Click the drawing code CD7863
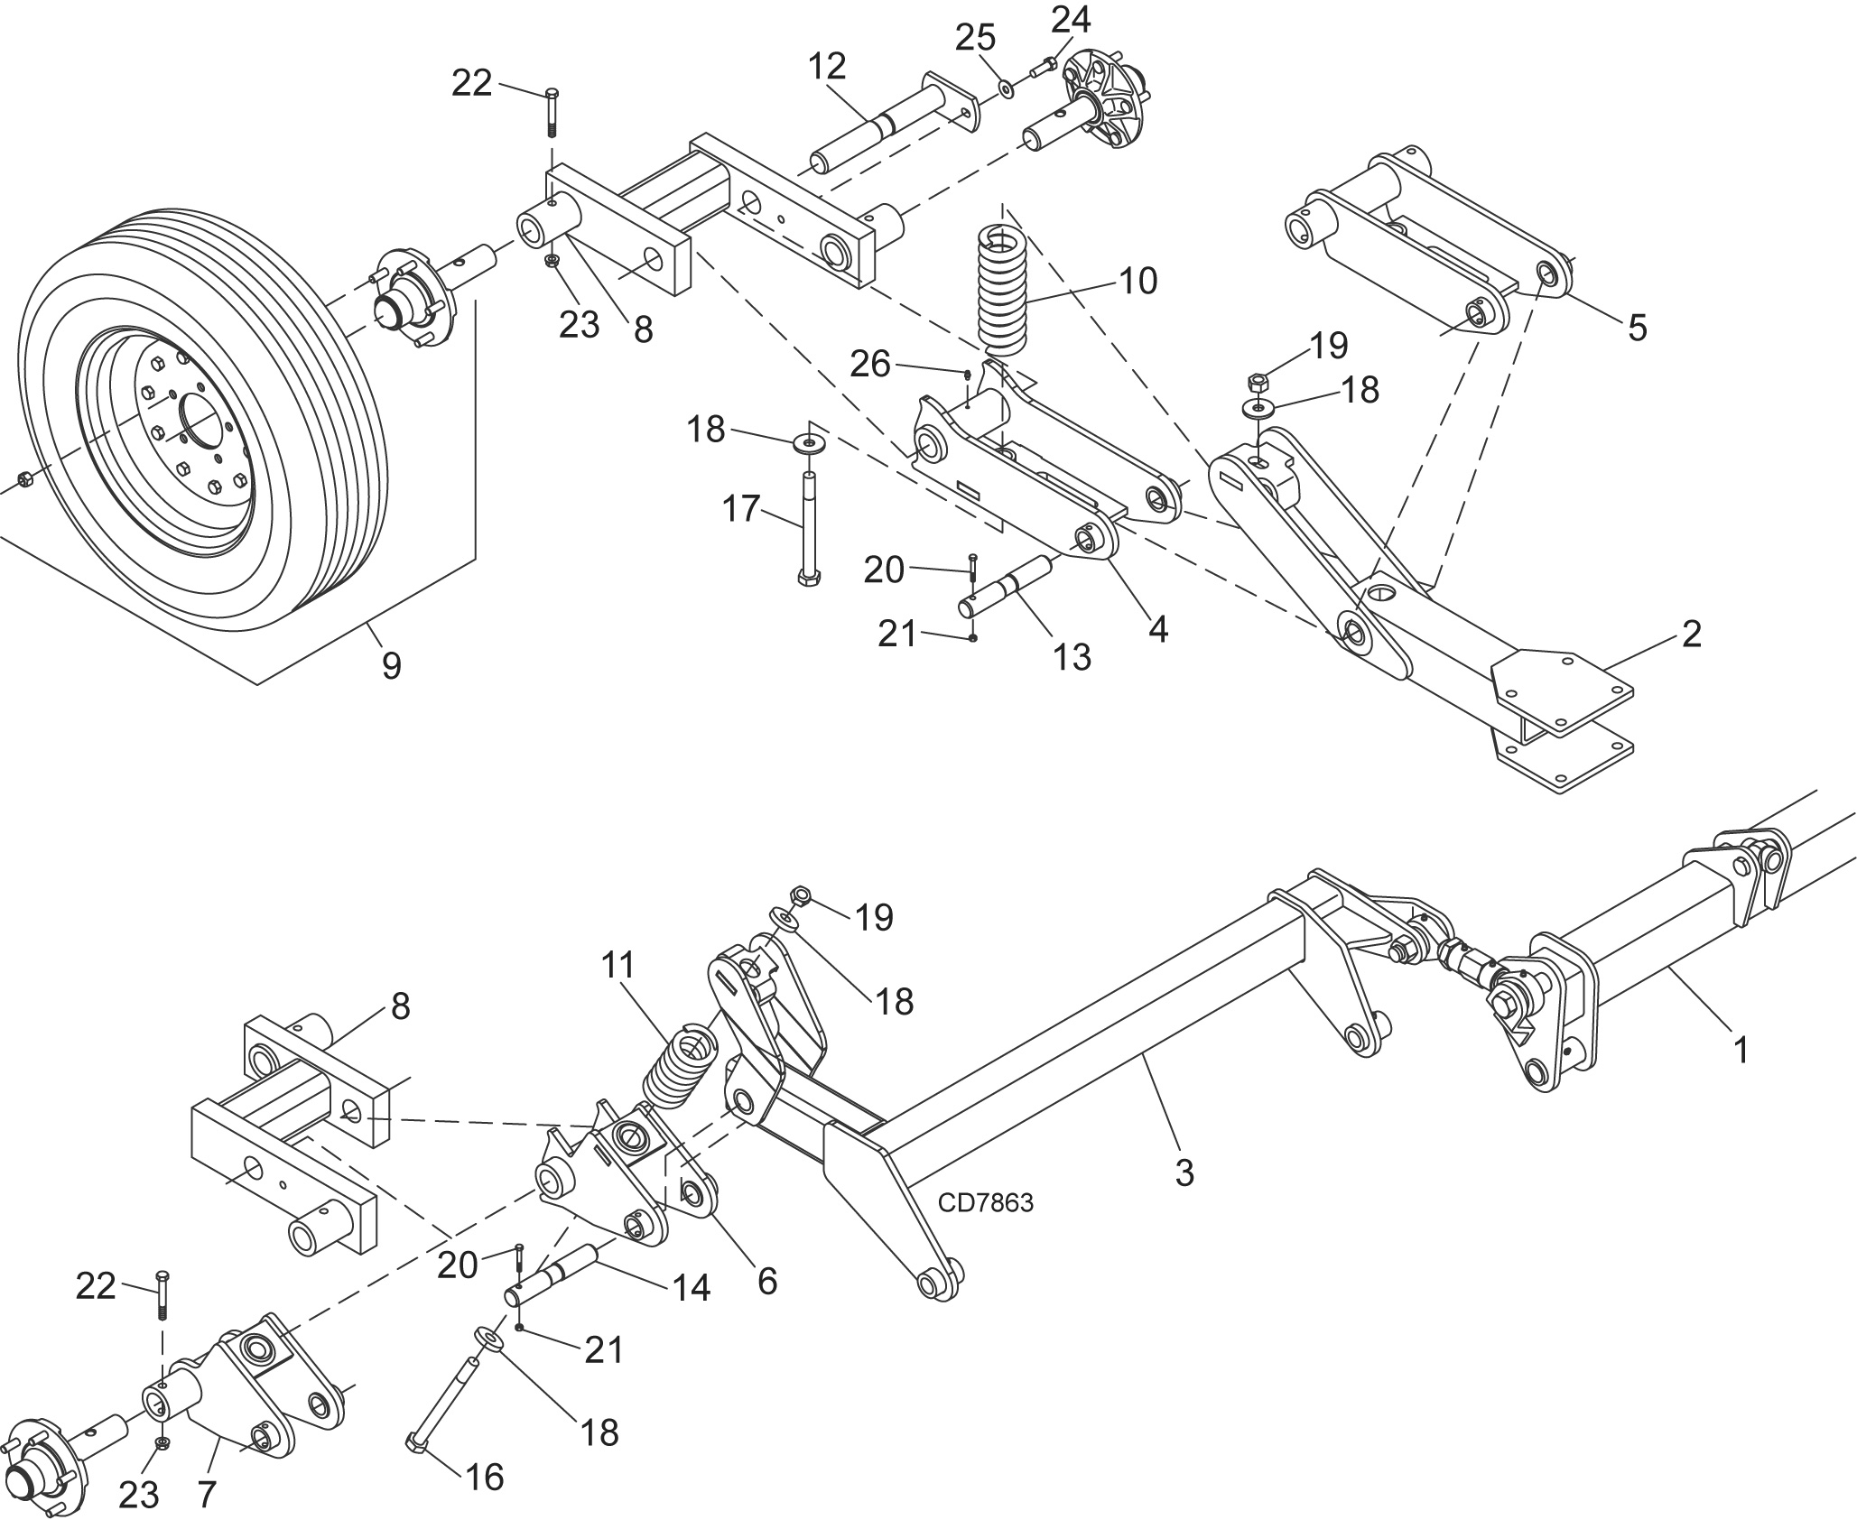pos(985,1202)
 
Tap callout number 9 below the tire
pos(391,666)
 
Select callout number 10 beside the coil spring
pos(1137,281)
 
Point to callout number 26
pos(870,364)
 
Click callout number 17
pos(741,509)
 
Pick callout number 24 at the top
pos(1071,18)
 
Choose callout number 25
pos(976,38)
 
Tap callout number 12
pos(827,66)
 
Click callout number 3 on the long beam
pos(1184,1172)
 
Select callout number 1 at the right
pos(1741,1049)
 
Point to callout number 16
pos(484,1478)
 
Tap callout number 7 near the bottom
pos(206,1495)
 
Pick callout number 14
pos(691,1288)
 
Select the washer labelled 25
pos(1006,88)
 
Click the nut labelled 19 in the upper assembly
pos(1257,381)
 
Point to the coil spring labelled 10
pos(1002,289)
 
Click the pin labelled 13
pos(1008,588)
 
